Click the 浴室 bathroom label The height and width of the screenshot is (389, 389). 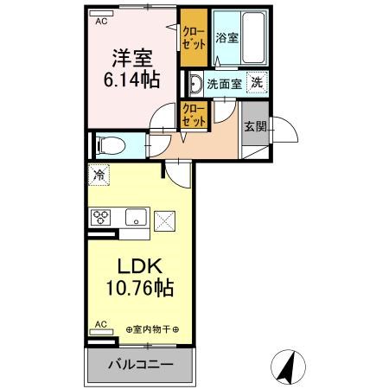pos(226,38)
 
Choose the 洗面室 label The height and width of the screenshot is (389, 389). pos(226,84)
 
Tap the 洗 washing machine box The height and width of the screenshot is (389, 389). pos(257,83)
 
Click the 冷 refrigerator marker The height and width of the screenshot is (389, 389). pos(99,175)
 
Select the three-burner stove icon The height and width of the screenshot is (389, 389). pos(100,217)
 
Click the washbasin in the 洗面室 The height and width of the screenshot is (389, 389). pos(193,84)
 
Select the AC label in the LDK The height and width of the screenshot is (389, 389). pos(100,325)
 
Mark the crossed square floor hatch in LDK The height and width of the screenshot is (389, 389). pos(164,220)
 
